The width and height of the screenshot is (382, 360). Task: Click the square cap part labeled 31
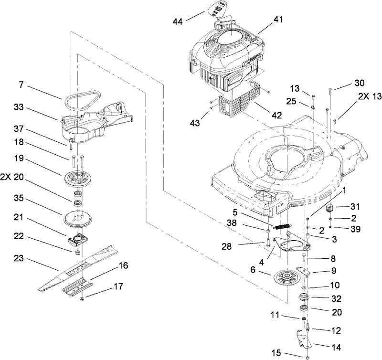click(x=328, y=209)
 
